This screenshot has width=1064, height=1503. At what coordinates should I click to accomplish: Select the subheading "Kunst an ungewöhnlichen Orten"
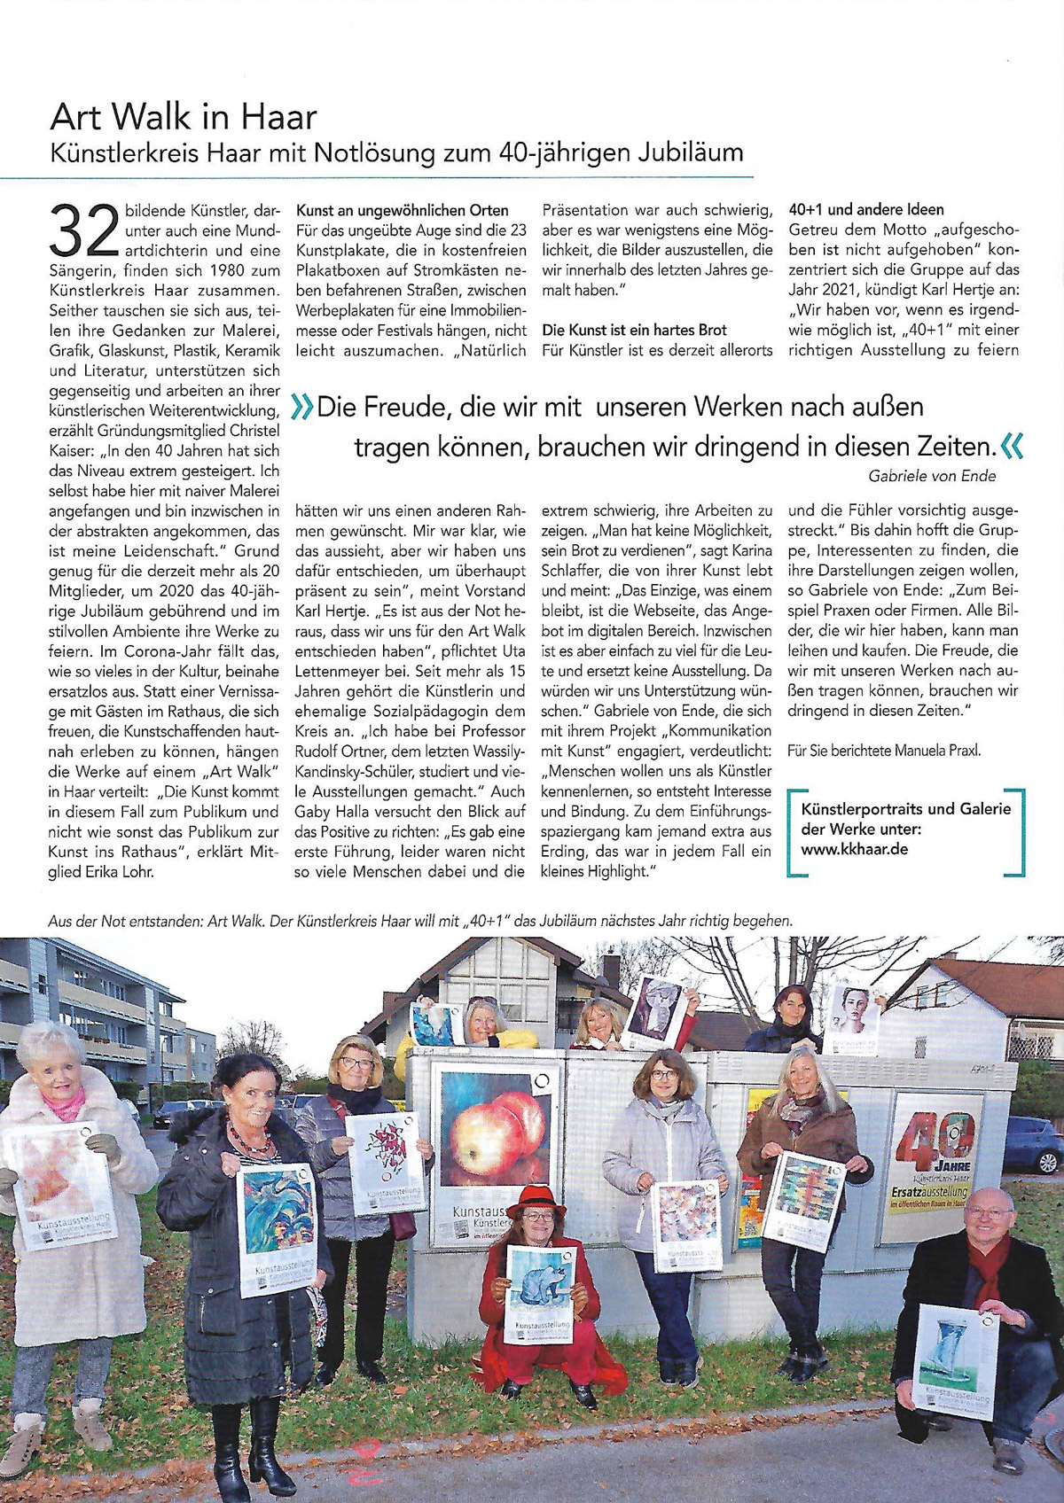point(403,210)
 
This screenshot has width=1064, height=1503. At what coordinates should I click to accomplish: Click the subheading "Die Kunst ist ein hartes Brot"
point(634,330)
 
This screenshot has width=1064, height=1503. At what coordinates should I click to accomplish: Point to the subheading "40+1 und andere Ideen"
point(866,210)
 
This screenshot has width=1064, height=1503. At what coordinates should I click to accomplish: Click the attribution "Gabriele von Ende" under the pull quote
point(932,476)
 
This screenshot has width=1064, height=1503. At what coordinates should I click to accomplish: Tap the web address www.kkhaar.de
point(854,848)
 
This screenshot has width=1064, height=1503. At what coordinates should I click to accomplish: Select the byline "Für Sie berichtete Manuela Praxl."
point(884,751)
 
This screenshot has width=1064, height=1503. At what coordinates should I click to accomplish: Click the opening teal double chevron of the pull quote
point(302,408)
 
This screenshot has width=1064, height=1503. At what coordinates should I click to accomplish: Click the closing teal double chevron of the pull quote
point(1011,446)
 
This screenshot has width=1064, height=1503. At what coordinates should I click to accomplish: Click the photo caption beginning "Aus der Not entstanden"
point(420,921)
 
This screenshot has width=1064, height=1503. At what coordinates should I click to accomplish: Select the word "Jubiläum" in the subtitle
point(690,152)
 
